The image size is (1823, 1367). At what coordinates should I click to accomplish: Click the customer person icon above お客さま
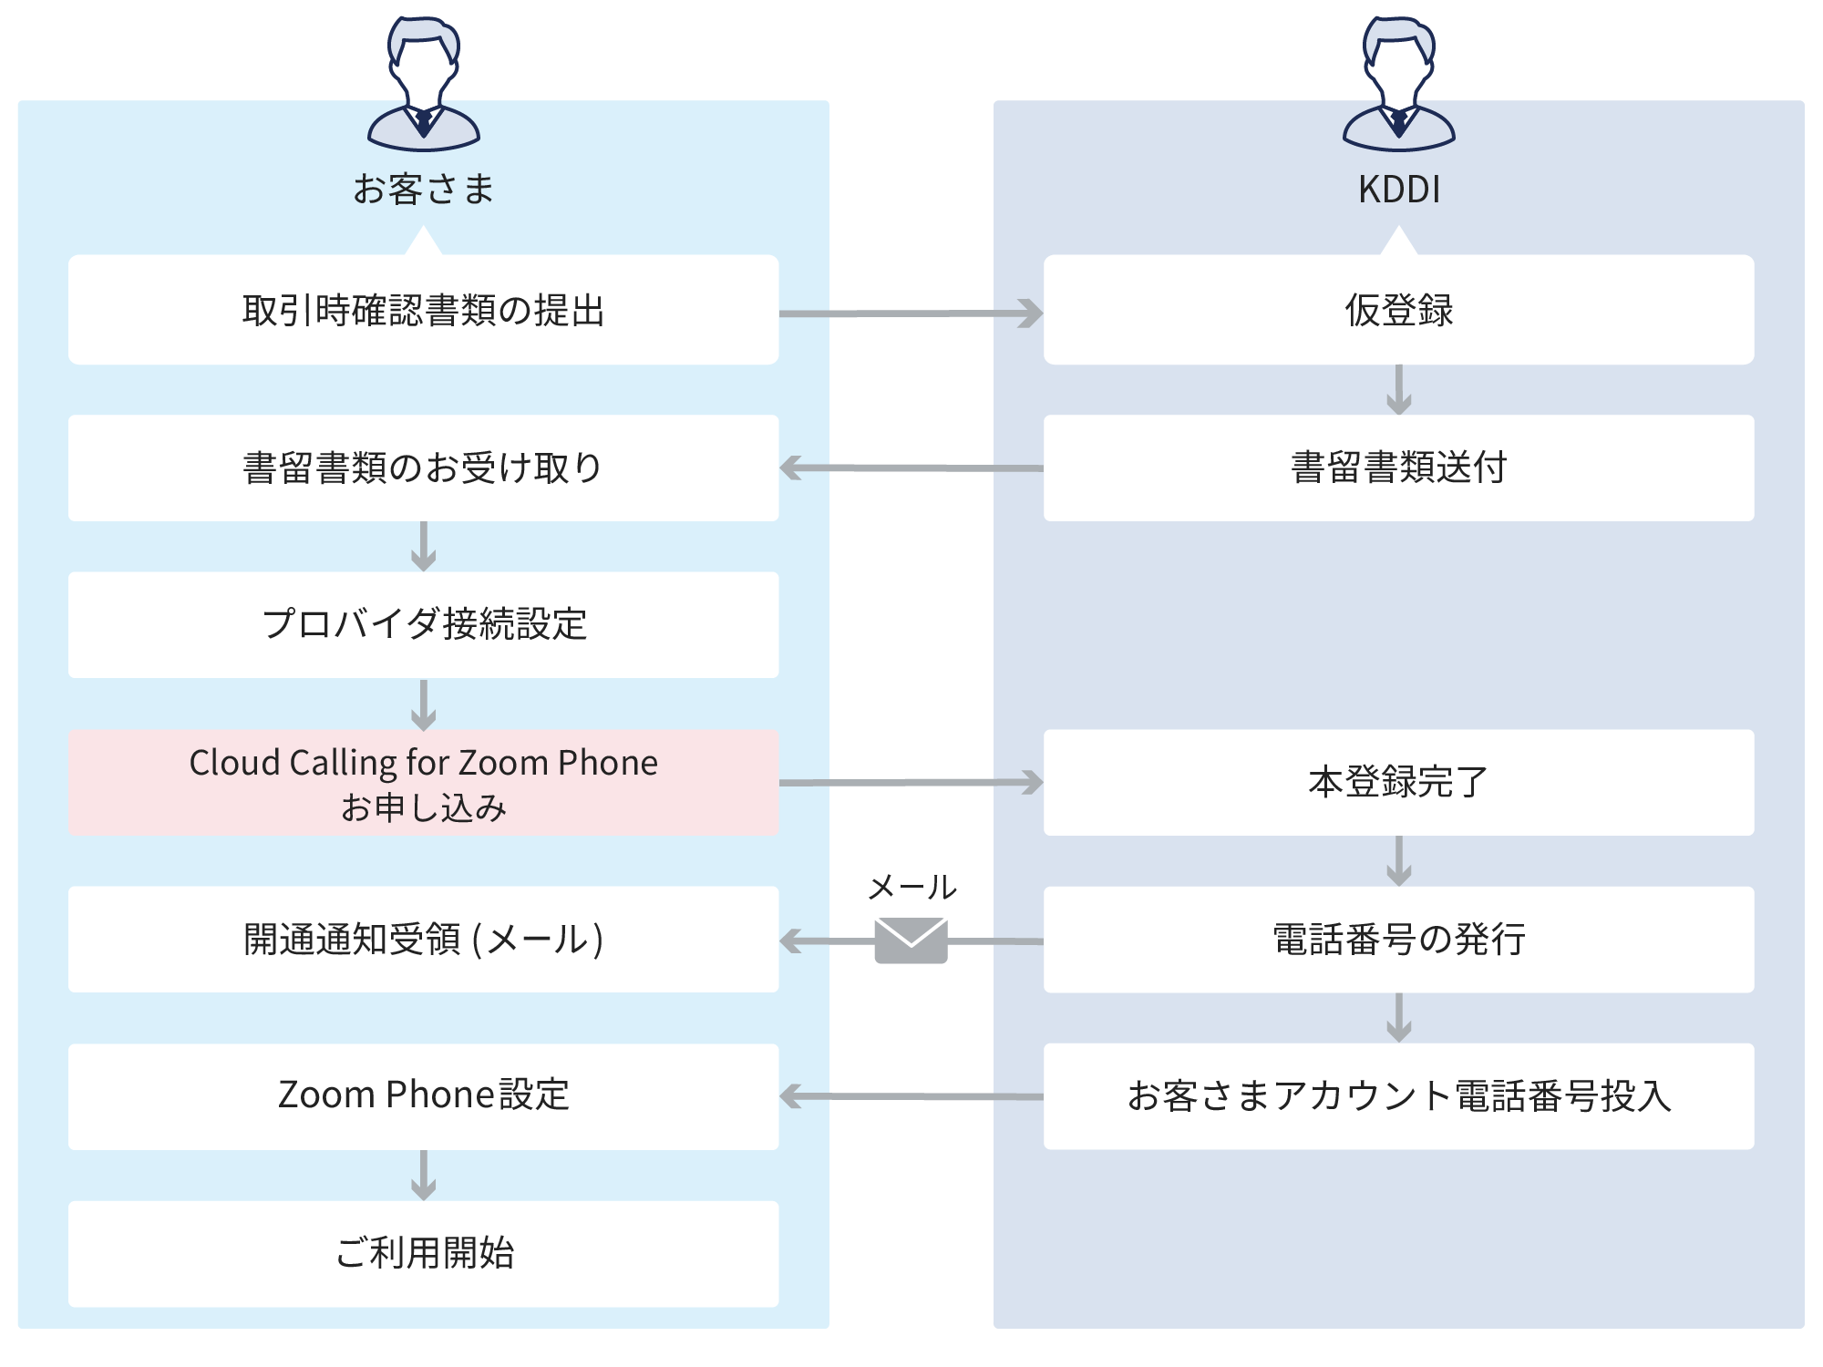[x=424, y=84]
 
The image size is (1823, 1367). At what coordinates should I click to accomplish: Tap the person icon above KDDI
[x=1399, y=84]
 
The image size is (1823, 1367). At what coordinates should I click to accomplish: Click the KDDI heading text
[x=1399, y=190]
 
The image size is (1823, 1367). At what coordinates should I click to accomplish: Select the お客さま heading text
[x=424, y=190]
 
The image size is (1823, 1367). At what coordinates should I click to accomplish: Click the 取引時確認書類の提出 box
[x=424, y=310]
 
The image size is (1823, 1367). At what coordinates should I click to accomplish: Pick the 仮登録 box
[x=1399, y=310]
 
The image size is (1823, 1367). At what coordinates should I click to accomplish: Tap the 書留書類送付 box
[x=1399, y=468]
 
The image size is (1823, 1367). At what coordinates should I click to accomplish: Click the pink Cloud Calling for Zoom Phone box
[x=424, y=783]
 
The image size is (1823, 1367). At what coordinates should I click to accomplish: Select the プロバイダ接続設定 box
[x=424, y=625]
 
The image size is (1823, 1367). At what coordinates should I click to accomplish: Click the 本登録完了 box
[x=1399, y=783]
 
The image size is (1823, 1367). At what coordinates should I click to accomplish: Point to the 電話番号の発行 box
[x=1399, y=940]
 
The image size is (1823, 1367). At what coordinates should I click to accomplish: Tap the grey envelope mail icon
[x=911, y=940]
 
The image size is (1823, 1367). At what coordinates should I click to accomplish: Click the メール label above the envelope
[x=911, y=887]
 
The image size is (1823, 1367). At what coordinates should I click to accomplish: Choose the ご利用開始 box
[x=424, y=1254]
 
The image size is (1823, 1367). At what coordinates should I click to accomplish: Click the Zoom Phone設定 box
[x=424, y=1096]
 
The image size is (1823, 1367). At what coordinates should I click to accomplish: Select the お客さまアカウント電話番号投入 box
[x=1399, y=1096]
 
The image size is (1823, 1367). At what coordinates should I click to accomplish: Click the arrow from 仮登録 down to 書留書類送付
[x=1399, y=390]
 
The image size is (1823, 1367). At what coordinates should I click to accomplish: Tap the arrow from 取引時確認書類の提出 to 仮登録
[x=911, y=313]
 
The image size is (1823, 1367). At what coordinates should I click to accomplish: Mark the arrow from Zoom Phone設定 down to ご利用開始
[x=424, y=1176]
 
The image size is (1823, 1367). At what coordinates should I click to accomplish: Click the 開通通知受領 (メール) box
[x=424, y=940]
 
